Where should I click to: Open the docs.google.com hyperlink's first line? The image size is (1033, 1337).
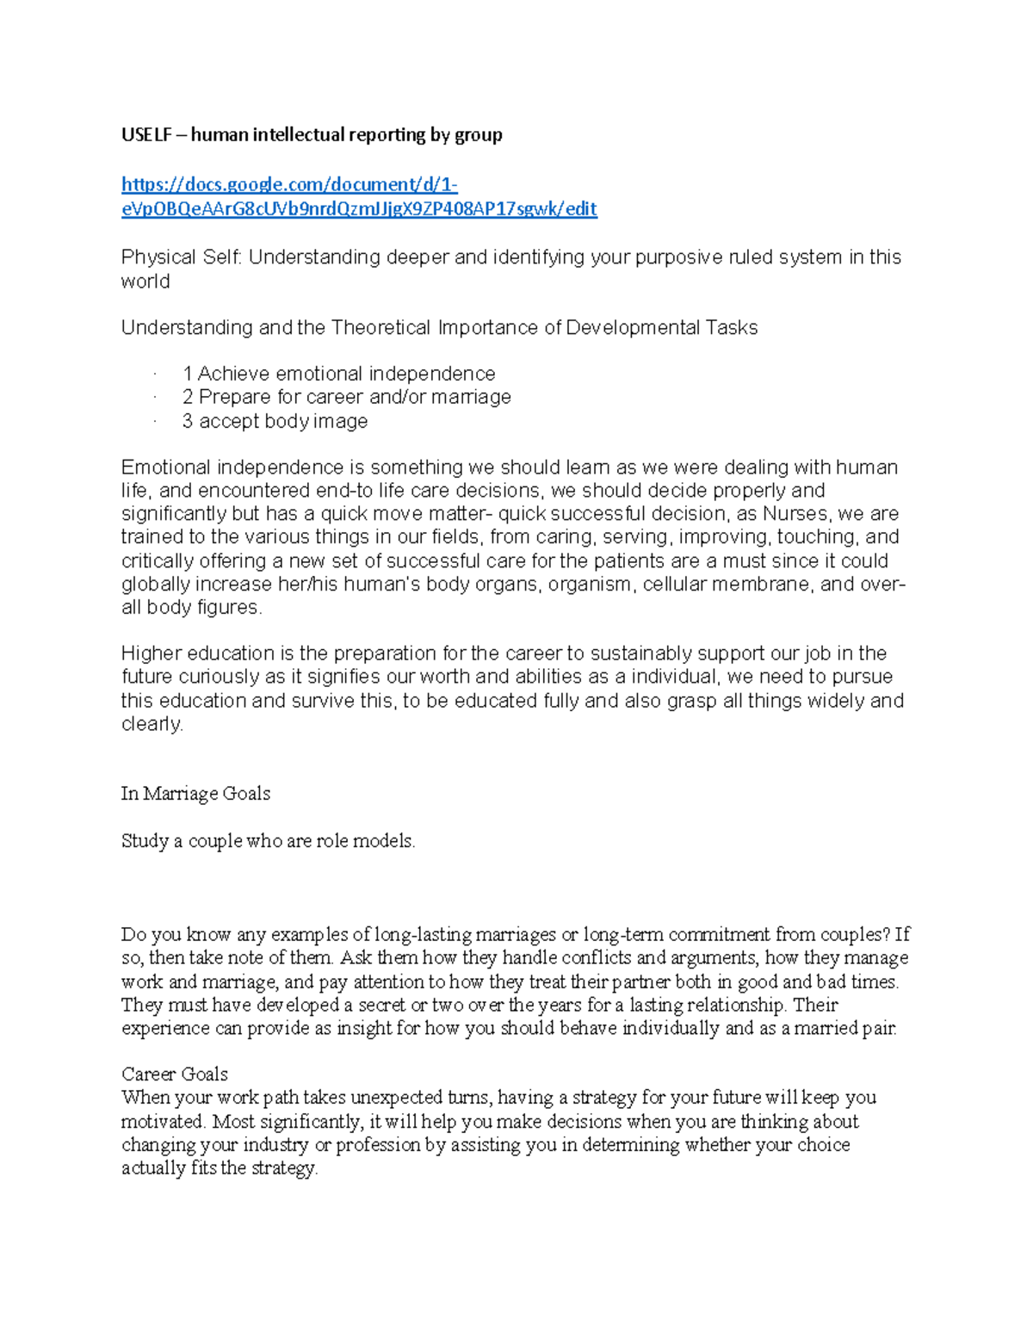click(x=289, y=184)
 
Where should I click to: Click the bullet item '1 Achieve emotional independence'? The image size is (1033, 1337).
click(x=338, y=374)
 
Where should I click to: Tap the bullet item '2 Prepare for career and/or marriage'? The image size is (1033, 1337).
click(x=346, y=397)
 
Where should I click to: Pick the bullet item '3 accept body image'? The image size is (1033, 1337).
click(x=275, y=421)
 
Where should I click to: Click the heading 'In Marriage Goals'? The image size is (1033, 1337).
click(x=195, y=794)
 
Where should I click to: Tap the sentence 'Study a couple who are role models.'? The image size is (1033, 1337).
click(x=268, y=841)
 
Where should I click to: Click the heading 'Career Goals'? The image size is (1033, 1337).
click(x=175, y=1074)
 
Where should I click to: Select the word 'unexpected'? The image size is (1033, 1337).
click(x=397, y=1098)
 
